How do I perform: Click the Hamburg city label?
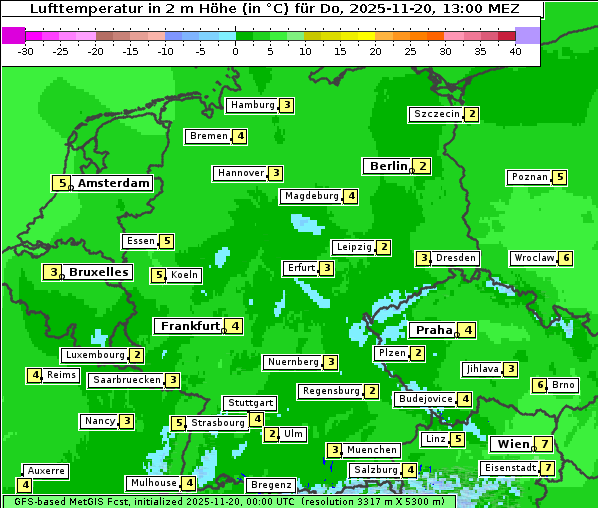252,105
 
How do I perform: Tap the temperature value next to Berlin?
423,166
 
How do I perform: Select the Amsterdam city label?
113,183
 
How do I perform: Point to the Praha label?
434,330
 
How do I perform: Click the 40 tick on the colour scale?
515,50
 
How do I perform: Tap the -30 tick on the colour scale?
26,50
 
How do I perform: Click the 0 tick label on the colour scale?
235,50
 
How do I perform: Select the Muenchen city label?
372,450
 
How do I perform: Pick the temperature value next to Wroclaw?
566,258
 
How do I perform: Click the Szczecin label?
436,114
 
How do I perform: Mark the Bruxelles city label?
98,272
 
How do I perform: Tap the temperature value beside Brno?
540,385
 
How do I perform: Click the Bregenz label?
270,485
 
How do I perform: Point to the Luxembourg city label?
95,355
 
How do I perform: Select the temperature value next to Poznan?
560,177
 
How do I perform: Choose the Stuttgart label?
250,403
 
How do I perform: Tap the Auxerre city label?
46,470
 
